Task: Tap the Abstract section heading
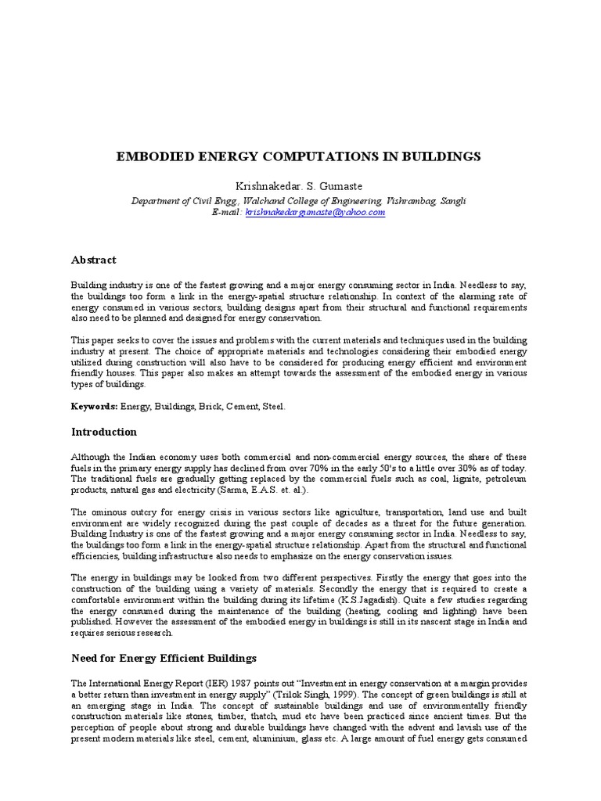tap(94, 260)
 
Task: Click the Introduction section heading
tap(104, 432)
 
